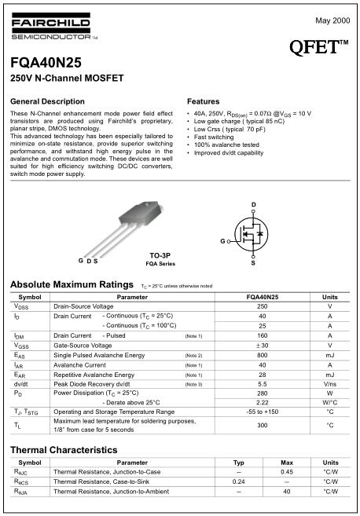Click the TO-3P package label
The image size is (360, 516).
(160, 255)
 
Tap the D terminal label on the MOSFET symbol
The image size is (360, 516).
(253, 204)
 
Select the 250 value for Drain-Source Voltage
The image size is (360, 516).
(263, 306)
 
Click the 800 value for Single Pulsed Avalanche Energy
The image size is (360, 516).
(263, 355)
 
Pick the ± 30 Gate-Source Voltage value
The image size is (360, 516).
(263, 345)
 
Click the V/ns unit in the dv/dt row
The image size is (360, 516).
(330, 384)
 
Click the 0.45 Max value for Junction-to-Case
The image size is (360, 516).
(287, 471)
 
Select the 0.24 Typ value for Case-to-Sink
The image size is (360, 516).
(239, 481)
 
